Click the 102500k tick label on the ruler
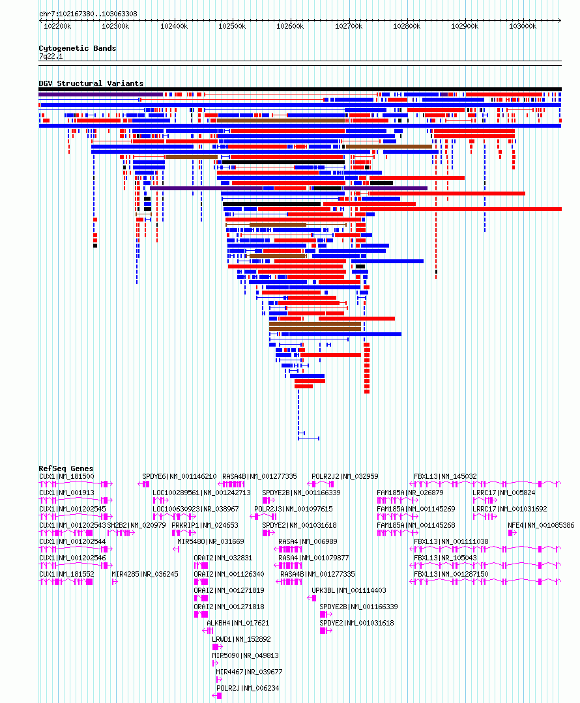click(x=232, y=27)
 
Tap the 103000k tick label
click(x=523, y=27)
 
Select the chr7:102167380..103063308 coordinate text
click(x=89, y=14)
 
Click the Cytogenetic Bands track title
click(x=77, y=48)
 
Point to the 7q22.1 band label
click(x=51, y=57)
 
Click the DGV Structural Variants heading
click(x=91, y=83)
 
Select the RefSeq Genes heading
click(x=66, y=468)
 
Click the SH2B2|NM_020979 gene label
click(x=136, y=525)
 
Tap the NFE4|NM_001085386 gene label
click(x=541, y=525)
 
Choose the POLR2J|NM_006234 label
click(x=248, y=688)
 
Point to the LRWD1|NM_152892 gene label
click(x=241, y=639)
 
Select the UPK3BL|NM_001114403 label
click(x=349, y=590)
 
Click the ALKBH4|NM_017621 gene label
click(x=238, y=624)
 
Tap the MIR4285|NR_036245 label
click(x=145, y=575)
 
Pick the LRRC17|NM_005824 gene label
click(x=504, y=493)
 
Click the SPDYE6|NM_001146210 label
click(x=179, y=476)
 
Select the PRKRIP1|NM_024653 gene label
click(x=205, y=525)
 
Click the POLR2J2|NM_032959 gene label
click(x=345, y=476)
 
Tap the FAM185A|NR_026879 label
click(x=410, y=493)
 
